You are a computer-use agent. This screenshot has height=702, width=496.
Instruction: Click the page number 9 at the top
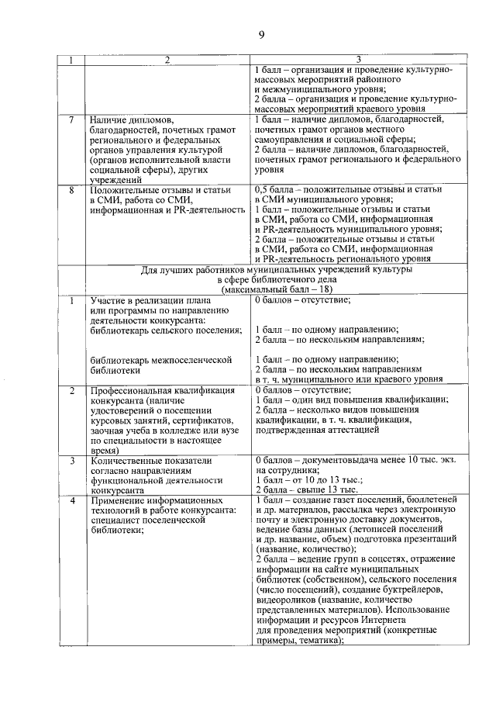click(261, 33)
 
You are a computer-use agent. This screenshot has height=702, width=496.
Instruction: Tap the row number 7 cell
click(71, 120)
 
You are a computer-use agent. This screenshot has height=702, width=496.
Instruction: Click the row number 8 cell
click(71, 189)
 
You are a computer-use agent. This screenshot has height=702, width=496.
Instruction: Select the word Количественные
click(129, 460)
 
